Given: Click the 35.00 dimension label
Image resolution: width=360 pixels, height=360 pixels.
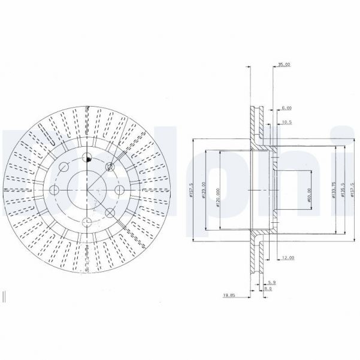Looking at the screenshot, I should [283, 64].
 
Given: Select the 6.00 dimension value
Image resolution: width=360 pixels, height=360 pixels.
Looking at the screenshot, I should [286, 108].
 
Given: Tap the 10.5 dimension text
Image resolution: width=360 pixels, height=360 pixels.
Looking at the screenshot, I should [286, 122].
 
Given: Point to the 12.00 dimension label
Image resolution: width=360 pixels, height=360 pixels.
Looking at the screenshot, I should [286, 258].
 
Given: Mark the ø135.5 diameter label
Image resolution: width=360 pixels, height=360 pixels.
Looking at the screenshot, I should [341, 190].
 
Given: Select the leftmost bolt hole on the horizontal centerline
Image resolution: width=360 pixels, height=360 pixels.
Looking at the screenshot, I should [55, 190].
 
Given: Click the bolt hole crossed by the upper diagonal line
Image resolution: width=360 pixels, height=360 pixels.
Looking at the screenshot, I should [109, 167].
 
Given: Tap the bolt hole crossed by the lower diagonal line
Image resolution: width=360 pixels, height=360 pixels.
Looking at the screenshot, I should [109, 213].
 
